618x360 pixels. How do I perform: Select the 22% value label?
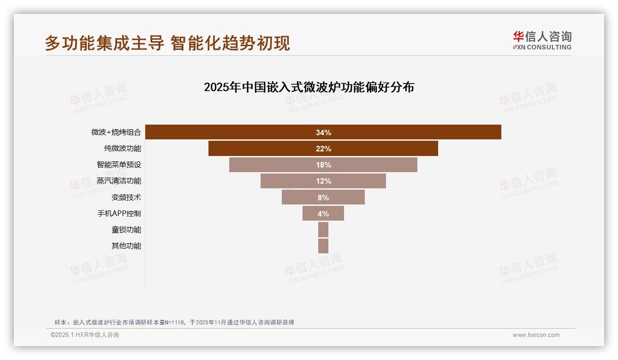pyautogui.click(x=323, y=149)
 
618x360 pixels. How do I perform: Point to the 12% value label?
pyautogui.click(x=323, y=181)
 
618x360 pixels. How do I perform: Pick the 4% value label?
pyautogui.click(x=323, y=214)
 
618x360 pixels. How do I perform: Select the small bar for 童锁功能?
pyautogui.click(x=323, y=230)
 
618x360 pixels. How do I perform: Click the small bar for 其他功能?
pyautogui.click(x=323, y=246)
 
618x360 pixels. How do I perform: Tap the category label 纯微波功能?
pyautogui.click(x=123, y=149)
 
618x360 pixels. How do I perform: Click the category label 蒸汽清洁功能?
pyautogui.click(x=119, y=181)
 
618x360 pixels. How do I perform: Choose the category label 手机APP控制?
pyautogui.click(x=119, y=214)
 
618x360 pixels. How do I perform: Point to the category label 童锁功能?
pyautogui.click(x=126, y=230)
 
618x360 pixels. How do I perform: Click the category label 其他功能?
pyautogui.click(x=126, y=246)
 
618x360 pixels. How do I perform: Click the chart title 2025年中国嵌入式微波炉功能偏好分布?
pyautogui.click(x=309, y=87)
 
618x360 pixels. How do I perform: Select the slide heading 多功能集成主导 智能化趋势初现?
pyautogui.click(x=167, y=43)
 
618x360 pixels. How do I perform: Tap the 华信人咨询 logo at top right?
pyautogui.click(x=542, y=40)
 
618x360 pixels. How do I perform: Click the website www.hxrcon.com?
pyautogui.click(x=536, y=335)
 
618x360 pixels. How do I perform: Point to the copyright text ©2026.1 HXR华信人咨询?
pyautogui.click(x=85, y=335)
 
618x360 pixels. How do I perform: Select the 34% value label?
pyautogui.click(x=323, y=132)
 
